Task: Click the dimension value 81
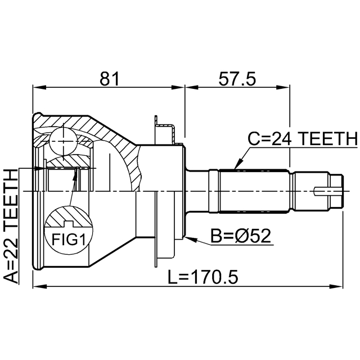(110, 79)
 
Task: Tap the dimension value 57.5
(237, 79)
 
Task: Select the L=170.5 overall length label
(203, 277)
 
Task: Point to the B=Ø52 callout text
(241, 236)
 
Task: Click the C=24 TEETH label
(303, 139)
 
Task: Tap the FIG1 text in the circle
(69, 239)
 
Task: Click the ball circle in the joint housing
(63, 142)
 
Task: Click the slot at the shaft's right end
(328, 191)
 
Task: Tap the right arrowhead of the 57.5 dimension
(283, 88)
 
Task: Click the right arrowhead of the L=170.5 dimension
(336, 286)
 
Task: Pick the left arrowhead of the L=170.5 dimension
(40, 286)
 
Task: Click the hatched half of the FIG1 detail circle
(69, 217)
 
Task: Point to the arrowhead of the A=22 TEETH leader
(39, 169)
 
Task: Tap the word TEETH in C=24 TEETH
(328, 139)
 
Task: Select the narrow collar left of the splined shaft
(213, 191)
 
